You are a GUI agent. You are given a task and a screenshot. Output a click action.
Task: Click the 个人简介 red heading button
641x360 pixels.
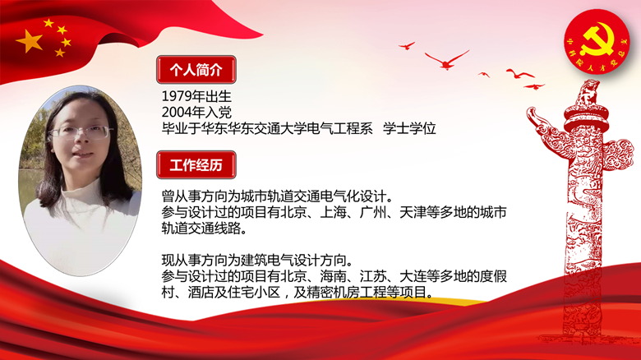[196, 70]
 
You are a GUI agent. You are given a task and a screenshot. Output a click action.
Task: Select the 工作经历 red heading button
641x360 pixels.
[196, 165]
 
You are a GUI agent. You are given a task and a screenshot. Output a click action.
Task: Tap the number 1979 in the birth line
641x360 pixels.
[178, 96]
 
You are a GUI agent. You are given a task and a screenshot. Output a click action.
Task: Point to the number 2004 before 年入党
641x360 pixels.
[178, 112]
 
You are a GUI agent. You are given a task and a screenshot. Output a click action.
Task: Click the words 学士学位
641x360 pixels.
[409, 128]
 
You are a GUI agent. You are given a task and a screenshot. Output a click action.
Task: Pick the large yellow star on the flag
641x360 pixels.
[29, 41]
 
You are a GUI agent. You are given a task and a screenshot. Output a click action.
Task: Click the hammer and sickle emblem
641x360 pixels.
[597, 39]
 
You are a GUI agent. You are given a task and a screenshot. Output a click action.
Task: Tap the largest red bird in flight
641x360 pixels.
[447, 60]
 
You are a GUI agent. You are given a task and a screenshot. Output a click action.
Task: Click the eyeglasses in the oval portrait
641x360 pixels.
[81, 132]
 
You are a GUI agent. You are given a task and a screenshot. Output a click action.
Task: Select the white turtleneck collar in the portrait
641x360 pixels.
[81, 192]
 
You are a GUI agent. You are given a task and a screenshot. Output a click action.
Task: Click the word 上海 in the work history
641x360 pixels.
[333, 212]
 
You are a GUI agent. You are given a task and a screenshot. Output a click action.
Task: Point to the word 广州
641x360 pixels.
[373, 212]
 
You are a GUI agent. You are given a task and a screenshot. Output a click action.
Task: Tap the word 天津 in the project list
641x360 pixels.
[413, 212]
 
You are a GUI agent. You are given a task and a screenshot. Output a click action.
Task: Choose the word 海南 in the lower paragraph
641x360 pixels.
[333, 276]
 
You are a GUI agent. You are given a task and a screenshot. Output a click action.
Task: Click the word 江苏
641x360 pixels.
[373, 276]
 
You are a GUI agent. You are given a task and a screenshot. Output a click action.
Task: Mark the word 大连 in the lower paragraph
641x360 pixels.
[413, 276]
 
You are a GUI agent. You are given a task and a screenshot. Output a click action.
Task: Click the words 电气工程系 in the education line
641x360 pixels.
[339, 128]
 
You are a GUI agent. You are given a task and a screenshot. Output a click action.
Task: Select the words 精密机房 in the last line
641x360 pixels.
[333, 292]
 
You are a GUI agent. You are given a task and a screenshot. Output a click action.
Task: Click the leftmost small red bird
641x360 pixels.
[407, 45]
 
